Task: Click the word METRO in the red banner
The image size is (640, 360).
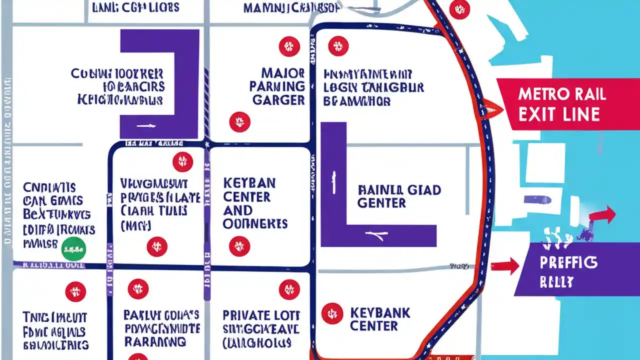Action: pos(543,94)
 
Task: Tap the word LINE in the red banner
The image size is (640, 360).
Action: pos(580,114)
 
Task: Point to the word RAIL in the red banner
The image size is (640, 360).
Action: pos(590,94)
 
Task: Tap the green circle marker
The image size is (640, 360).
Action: pos(73,248)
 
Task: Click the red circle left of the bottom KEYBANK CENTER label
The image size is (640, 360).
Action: pos(332,313)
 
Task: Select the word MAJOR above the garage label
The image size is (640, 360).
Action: pos(283,72)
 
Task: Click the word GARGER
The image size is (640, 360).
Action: pos(278,99)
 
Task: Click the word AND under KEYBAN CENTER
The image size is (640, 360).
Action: pos(237,210)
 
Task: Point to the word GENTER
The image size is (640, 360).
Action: pos(381,203)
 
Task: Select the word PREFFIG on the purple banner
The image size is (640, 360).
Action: pos(568,262)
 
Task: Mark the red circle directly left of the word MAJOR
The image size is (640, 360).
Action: pos(289,46)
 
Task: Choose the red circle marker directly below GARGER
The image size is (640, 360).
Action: pos(239,121)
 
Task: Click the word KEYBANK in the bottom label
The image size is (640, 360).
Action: pos(380,313)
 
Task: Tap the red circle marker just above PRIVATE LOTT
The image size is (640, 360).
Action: pos(289,289)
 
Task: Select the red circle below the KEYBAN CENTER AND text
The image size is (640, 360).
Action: pos(239,246)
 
